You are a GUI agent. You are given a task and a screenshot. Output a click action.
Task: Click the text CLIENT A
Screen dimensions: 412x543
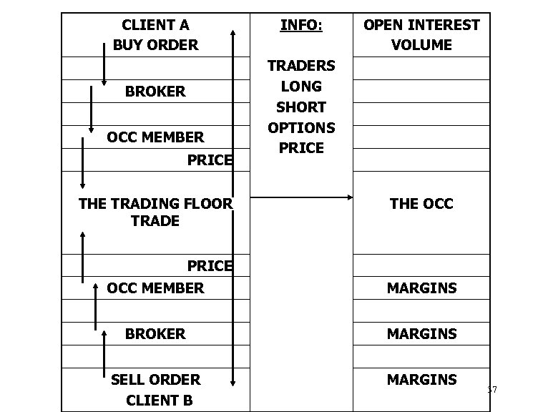coord(155,25)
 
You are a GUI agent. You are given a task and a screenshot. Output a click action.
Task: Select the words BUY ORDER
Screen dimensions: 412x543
coord(155,45)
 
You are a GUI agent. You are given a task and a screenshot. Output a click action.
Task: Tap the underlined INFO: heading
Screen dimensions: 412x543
coord(300,26)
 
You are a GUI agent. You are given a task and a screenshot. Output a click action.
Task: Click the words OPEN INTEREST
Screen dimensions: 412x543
coord(421,26)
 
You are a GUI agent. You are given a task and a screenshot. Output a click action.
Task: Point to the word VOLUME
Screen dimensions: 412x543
coord(421,45)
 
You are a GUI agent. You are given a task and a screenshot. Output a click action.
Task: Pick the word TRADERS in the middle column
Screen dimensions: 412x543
coord(300,66)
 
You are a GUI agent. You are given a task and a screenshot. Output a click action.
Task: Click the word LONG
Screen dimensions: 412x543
coord(300,87)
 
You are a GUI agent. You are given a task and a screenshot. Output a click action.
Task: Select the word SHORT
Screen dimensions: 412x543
coord(300,107)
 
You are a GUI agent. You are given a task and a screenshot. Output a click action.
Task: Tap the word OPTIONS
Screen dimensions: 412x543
coord(300,127)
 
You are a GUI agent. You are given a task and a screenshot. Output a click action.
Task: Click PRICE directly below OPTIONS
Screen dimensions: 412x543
coord(300,148)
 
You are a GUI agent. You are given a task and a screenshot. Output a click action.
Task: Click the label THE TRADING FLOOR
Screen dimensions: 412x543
coord(155,204)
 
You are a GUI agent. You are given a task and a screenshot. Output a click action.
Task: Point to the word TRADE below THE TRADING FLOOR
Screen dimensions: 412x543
coord(155,221)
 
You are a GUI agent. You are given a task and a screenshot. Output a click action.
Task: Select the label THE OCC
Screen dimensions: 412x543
coord(421,204)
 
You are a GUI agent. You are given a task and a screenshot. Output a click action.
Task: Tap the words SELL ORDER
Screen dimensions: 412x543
coord(155,379)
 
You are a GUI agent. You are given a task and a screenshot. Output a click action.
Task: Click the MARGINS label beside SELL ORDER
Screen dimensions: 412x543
coord(421,379)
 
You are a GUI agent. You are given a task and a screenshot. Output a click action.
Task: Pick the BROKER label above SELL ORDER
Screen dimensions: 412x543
coord(155,333)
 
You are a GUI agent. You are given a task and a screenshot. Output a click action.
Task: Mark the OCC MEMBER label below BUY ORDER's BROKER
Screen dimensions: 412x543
coord(155,137)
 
